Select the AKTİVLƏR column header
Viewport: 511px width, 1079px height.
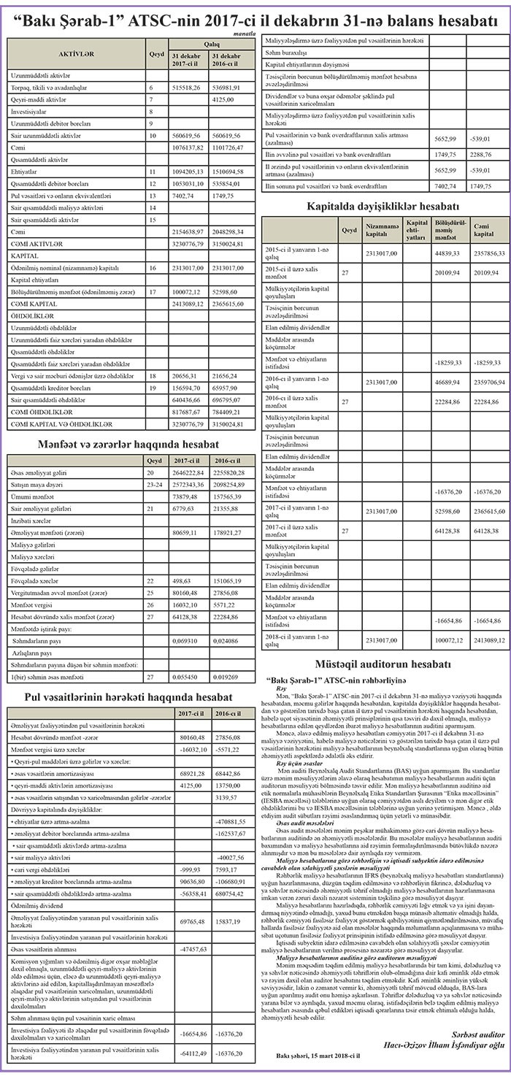pos(76,54)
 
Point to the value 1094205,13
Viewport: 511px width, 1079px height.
pos(186,171)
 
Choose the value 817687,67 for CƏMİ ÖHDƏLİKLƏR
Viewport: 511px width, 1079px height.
pos(186,411)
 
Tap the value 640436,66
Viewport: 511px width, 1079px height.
pos(186,399)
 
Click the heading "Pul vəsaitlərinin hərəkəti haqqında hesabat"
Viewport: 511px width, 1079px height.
pos(129,697)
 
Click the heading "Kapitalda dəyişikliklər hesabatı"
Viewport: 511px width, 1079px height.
pos(383,207)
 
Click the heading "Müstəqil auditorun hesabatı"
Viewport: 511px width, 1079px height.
pos(383,664)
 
